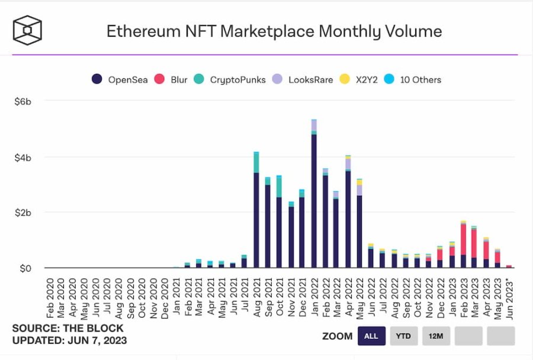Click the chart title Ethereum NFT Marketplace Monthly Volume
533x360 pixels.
point(274,31)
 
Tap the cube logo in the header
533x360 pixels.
point(28,29)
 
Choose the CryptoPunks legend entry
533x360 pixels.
point(231,79)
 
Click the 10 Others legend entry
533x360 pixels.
point(414,79)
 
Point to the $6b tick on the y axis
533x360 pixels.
point(23,102)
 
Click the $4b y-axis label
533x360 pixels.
point(23,157)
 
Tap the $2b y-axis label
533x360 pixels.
point(23,213)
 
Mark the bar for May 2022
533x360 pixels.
point(359,225)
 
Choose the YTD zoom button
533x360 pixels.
point(404,336)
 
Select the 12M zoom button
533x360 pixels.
point(436,336)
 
